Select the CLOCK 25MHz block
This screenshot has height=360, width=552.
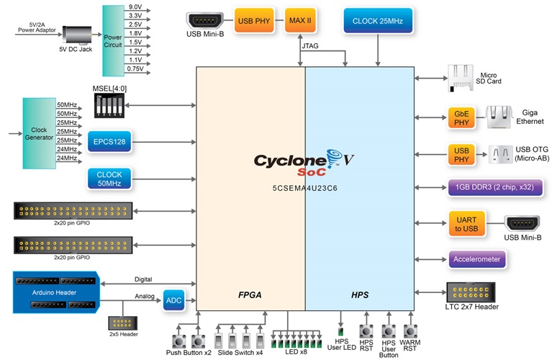pyautogui.click(x=378, y=21)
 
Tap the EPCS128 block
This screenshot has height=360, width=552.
pyautogui.click(x=109, y=142)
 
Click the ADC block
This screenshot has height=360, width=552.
pyautogui.click(x=173, y=300)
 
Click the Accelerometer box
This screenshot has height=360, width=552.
pyautogui.click(x=477, y=258)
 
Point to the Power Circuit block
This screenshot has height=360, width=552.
pyautogui.click(x=114, y=40)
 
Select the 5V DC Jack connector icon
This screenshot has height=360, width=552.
pyautogui.click(x=76, y=35)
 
